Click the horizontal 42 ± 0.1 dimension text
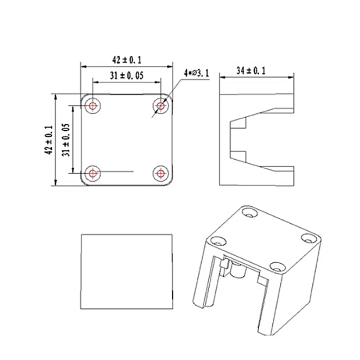[126, 59]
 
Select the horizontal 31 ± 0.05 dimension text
[126, 76]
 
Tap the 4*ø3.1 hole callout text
[196, 73]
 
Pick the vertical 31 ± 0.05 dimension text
[66, 139]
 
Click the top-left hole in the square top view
[93, 106]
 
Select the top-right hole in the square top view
[161, 106]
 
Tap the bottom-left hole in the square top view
[93, 173]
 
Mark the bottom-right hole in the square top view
[161, 173]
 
